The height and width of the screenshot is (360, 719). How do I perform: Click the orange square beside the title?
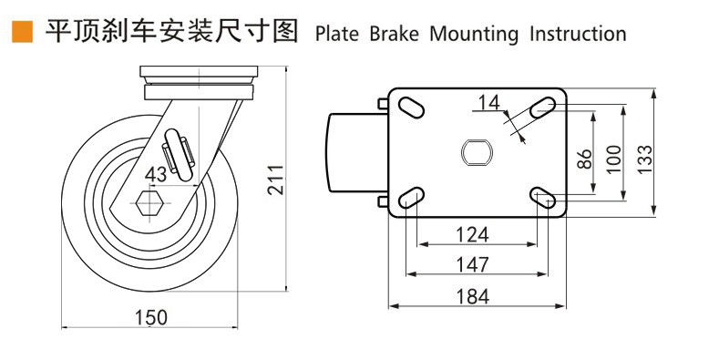point(22,32)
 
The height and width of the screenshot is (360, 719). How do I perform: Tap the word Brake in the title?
point(394,34)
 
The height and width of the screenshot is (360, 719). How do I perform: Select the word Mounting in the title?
point(474,35)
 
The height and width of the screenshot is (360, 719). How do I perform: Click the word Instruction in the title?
point(578,34)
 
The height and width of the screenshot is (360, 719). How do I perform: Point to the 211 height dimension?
point(275,180)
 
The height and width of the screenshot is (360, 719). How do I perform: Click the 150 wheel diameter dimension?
point(151,317)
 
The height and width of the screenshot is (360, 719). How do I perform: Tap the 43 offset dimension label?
point(156,174)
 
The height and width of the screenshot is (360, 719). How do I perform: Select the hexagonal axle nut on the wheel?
point(149,202)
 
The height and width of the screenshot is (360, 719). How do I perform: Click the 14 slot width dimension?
point(488,103)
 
